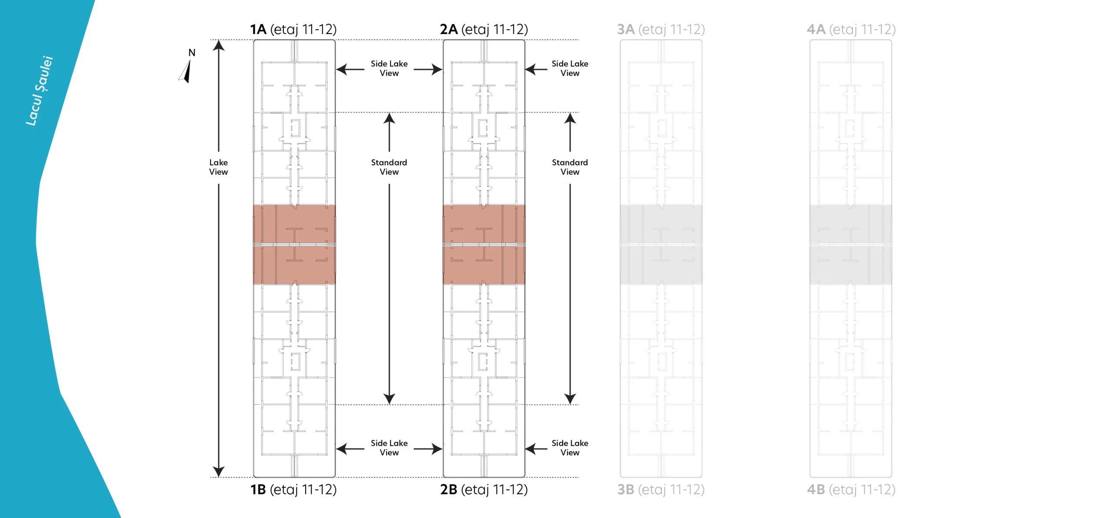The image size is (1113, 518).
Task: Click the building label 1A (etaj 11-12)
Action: (x=293, y=30)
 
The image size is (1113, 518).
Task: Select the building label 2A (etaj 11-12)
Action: (x=484, y=30)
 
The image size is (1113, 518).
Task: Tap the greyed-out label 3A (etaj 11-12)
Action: (x=661, y=30)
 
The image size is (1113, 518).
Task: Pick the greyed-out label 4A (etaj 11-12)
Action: (x=851, y=30)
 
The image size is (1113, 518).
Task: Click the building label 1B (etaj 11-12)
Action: (x=293, y=490)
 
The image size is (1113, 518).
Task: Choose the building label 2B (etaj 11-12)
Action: (x=484, y=490)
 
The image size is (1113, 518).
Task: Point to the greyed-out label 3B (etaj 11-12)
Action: (x=661, y=490)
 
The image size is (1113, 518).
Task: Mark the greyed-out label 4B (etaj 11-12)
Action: (x=851, y=490)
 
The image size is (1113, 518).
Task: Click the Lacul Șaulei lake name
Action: (x=39, y=91)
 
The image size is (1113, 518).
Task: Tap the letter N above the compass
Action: (x=192, y=53)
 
